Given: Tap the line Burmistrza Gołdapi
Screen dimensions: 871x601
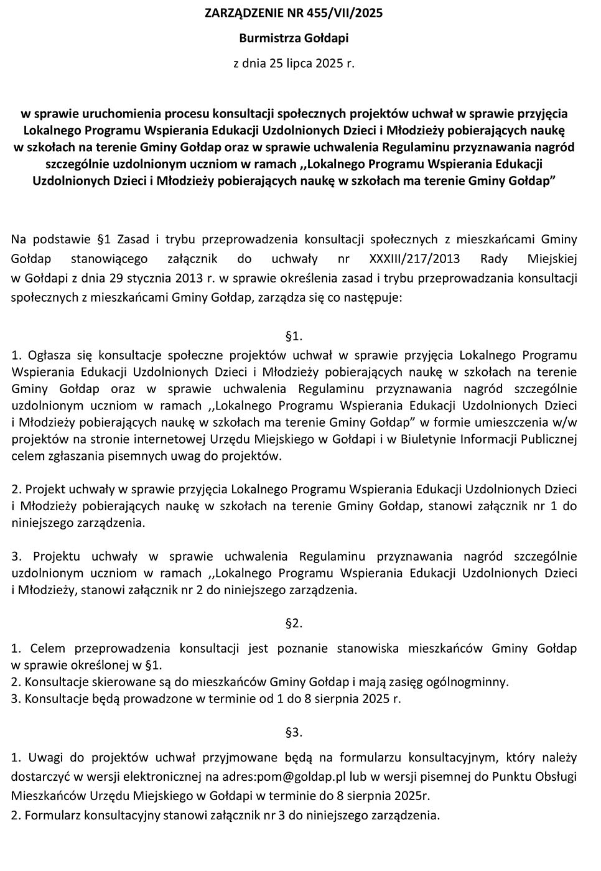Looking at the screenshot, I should click(294, 38).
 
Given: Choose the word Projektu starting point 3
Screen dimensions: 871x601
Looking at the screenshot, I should click(54, 556).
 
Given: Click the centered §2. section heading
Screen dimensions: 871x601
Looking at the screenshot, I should click(294, 623).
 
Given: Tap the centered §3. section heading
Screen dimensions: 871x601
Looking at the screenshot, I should click(294, 732).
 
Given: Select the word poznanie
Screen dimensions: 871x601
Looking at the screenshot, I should click(303, 648).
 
